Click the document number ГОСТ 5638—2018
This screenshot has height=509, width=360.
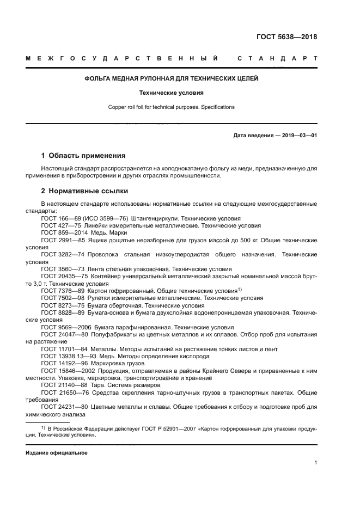[286, 38]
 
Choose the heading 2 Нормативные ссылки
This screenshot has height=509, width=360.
[86, 192]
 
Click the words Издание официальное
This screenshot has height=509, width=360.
[56, 453]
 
